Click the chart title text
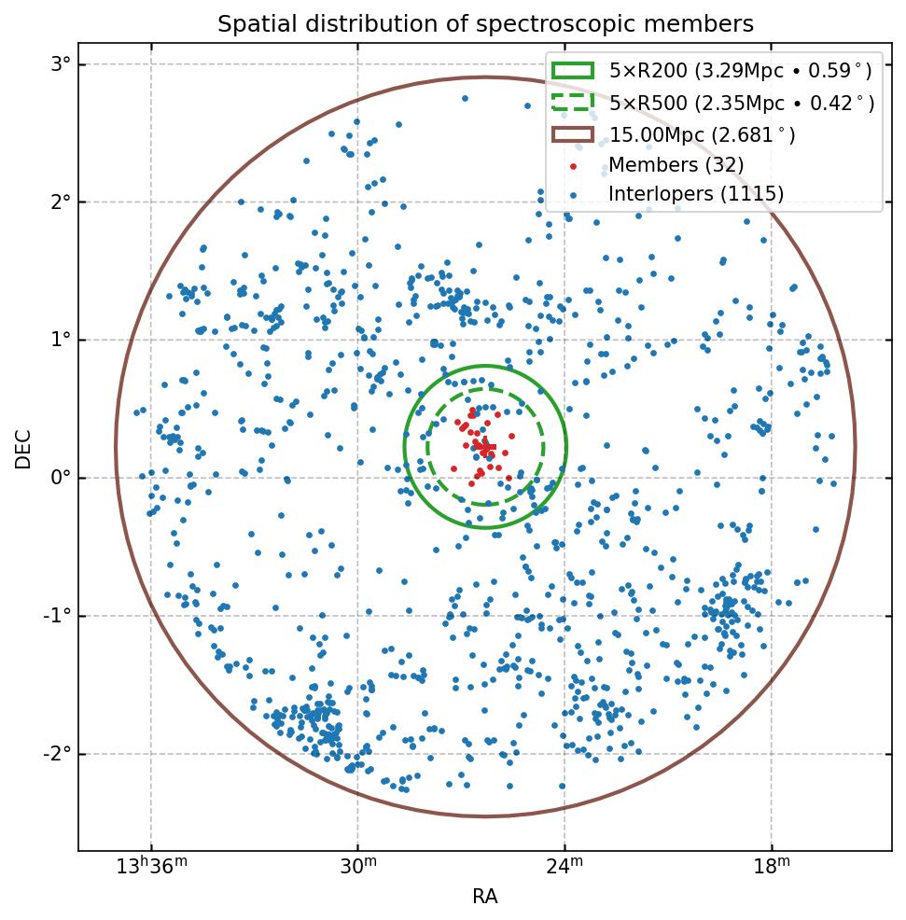point(485,24)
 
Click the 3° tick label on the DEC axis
point(62,64)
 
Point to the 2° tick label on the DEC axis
point(62,202)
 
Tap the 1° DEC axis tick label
point(62,341)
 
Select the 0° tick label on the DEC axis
point(62,479)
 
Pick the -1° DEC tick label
point(58,617)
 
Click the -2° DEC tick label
point(58,755)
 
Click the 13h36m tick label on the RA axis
point(151,867)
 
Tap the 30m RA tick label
point(358,867)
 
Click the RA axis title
point(485,897)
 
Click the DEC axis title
point(23,448)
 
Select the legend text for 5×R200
point(741,71)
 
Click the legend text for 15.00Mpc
point(702,135)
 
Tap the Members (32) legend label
point(676,165)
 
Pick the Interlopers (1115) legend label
point(696,194)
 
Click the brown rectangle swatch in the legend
point(572,134)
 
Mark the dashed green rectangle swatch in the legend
point(572,102)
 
